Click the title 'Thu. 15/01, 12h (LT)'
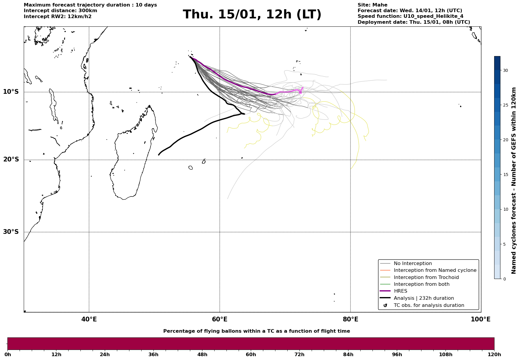[252, 15]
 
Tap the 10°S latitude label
[11, 92]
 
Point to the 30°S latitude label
[11, 232]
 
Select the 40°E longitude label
[89, 319]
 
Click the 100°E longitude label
[481, 319]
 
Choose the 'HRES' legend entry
[400, 291]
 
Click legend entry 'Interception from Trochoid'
[426, 277]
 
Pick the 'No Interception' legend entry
[413, 264]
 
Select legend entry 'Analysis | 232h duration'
[424, 298]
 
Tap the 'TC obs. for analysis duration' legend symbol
[385, 305]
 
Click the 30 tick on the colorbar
[505, 70]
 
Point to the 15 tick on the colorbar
[505, 175]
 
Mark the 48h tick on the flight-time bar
[202, 354]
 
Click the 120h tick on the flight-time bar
[494, 354]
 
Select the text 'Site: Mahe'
[372, 5]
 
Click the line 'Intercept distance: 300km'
[60, 11]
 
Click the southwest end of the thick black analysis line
[159, 155]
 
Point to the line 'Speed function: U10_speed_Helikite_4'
[410, 16]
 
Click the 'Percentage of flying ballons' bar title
[256, 331]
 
